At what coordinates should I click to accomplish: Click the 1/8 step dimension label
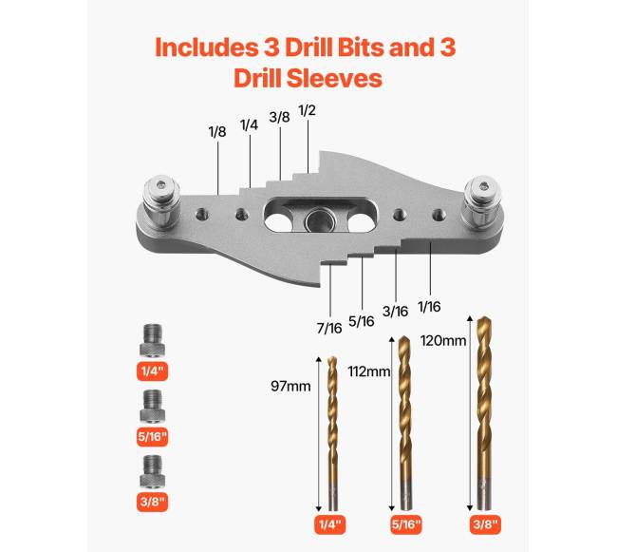[x=217, y=131]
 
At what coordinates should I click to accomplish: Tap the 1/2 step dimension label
[x=307, y=110]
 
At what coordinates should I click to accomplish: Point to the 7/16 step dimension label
[x=329, y=328]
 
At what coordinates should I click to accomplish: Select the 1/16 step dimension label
[x=429, y=306]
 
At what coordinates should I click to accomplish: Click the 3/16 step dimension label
[x=395, y=312]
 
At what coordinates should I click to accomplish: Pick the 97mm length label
[x=290, y=387]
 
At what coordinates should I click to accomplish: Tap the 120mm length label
[x=443, y=340]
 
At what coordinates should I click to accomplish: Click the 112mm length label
[x=368, y=371]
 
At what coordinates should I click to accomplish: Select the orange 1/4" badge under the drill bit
[x=329, y=524]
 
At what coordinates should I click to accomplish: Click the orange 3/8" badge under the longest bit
[x=485, y=524]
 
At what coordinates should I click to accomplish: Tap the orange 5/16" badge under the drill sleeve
[x=152, y=437]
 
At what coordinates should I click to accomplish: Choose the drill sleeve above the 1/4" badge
[x=152, y=340]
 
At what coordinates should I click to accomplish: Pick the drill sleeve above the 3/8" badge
[x=152, y=471]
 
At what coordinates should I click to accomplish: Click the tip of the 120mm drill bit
[x=483, y=316]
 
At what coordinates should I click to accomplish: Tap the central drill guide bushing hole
[x=320, y=219]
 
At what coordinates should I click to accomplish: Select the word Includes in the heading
[x=205, y=47]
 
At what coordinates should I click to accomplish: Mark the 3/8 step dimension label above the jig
[x=279, y=117]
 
